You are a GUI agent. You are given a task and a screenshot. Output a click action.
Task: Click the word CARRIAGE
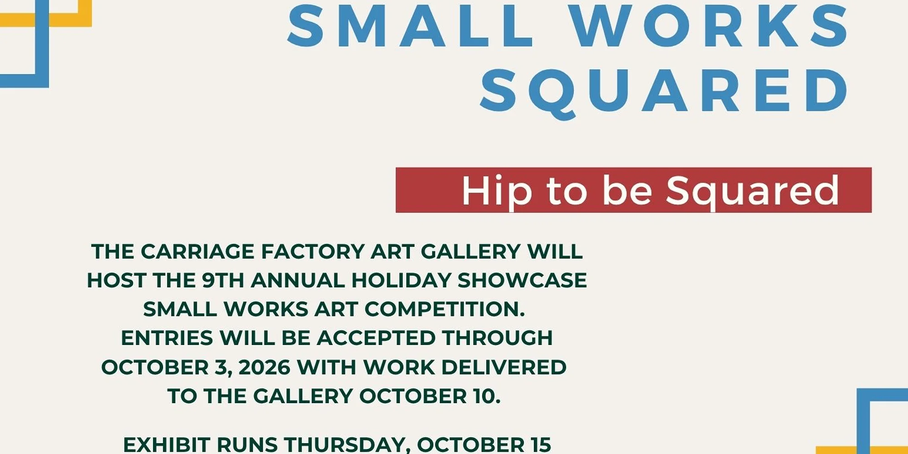(x=197, y=252)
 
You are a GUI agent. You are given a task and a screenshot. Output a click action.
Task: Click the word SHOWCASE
(x=522, y=281)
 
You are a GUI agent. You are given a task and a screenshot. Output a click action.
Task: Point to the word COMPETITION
(x=445, y=310)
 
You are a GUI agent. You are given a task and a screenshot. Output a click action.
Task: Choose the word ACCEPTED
(x=376, y=338)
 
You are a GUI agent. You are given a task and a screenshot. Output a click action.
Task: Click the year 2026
(x=264, y=367)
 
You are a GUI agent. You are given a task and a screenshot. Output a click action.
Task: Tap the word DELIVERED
(x=504, y=367)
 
